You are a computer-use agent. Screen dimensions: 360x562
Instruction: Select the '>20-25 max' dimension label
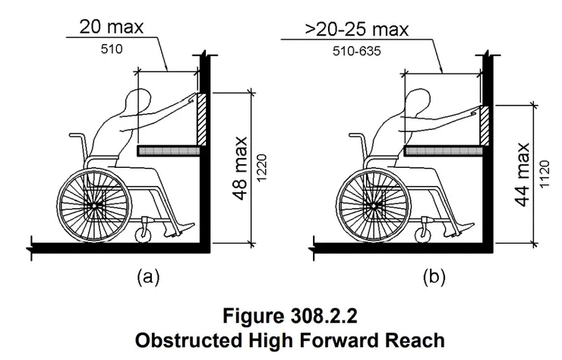coord(343,31)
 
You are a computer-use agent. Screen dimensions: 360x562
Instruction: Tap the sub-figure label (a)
coord(147,278)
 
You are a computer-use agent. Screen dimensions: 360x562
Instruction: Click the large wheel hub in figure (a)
coord(94,204)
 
